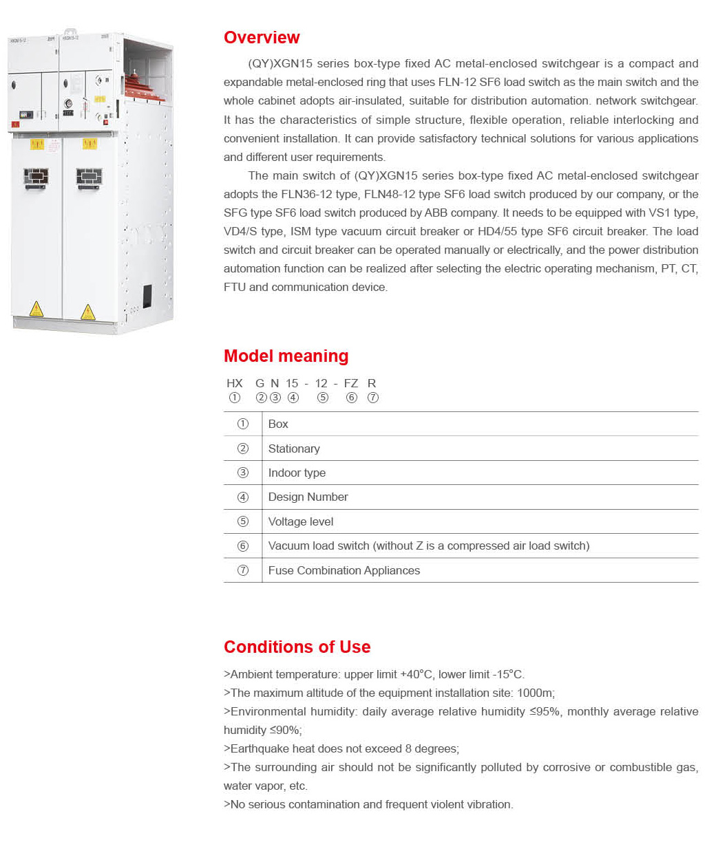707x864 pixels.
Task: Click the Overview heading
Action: pyautogui.click(x=262, y=38)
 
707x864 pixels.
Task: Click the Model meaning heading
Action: pyautogui.click(x=286, y=356)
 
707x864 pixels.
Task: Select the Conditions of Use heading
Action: pyautogui.click(x=297, y=647)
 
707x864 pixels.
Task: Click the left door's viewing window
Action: pyautogui.click(x=36, y=177)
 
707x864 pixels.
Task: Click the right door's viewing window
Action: pyautogui.click(x=89, y=177)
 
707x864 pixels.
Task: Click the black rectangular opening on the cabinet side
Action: pyautogui.click(x=147, y=296)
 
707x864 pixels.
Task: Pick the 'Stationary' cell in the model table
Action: pyautogui.click(x=294, y=449)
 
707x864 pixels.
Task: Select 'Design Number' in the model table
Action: pyautogui.click(x=308, y=497)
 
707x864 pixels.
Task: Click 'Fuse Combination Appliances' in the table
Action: pyautogui.click(x=344, y=571)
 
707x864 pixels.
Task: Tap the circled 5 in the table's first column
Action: pyautogui.click(x=243, y=521)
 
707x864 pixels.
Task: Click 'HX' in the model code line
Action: pyautogui.click(x=235, y=384)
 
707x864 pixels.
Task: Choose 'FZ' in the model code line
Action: pyautogui.click(x=351, y=384)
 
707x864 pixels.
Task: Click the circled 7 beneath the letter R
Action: pyautogui.click(x=373, y=398)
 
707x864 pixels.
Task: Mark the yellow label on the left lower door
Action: pyautogui.click(x=37, y=144)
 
